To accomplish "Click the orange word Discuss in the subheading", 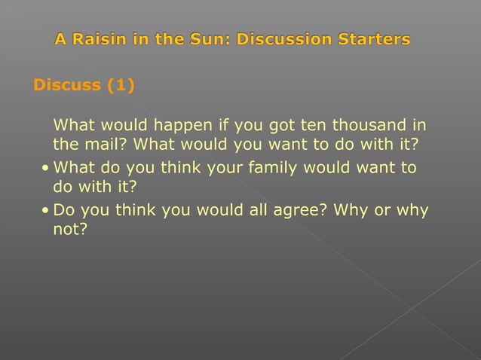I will (67, 85).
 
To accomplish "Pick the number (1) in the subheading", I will (120, 85).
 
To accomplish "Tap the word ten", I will (315, 124).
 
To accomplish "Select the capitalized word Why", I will (351, 211).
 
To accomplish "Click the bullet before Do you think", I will (47, 211).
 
